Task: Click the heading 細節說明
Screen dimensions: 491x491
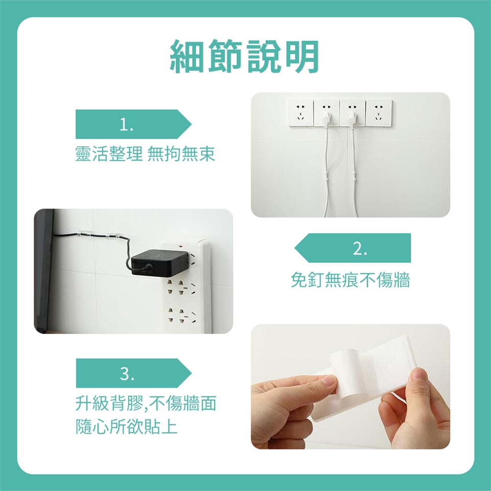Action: [x=244, y=57]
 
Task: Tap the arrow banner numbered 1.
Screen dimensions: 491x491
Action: [x=133, y=124]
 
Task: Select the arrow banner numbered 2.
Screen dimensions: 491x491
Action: [x=352, y=248]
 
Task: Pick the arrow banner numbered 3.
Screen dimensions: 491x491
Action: [x=133, y=373]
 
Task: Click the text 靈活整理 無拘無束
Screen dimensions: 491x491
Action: [x=145, y=154]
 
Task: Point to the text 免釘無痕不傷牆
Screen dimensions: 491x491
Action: [x=350, y=280]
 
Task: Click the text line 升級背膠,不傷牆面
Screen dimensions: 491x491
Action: [x=146, y=403]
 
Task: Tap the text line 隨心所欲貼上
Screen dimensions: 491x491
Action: [x=126, y=426]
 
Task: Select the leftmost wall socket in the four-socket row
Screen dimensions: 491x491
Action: [x=301, y=113]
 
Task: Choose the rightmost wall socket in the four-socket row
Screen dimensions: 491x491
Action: [x=378, y=113]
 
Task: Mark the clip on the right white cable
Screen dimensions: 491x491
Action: [x=354, y=176]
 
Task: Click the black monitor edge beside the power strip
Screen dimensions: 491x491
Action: [x=44, y=271]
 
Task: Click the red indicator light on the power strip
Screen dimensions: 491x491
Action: [x=180, y=247]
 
